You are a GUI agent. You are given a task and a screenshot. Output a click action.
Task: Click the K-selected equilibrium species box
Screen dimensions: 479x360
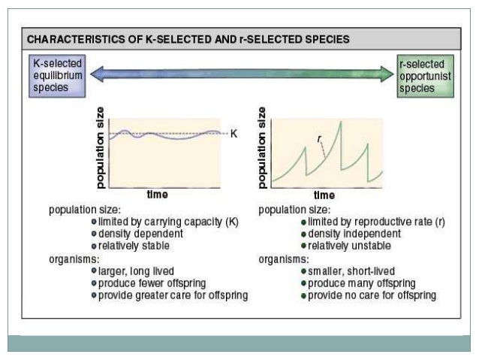tap(57, 77)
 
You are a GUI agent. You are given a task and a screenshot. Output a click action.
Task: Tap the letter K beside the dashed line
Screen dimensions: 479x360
tap(233, 134)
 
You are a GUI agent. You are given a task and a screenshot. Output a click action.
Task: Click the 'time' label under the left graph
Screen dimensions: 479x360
tap(157, 195)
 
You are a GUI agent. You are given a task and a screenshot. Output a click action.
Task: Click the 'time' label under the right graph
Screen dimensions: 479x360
tap(324, 195)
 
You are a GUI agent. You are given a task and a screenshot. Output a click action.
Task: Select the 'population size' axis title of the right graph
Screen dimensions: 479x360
tap(262, 147)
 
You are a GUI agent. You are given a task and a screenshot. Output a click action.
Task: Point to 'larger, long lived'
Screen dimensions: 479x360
tap(136, 271)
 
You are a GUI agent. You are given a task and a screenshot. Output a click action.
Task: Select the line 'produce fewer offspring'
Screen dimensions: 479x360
tap(150, 283)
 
